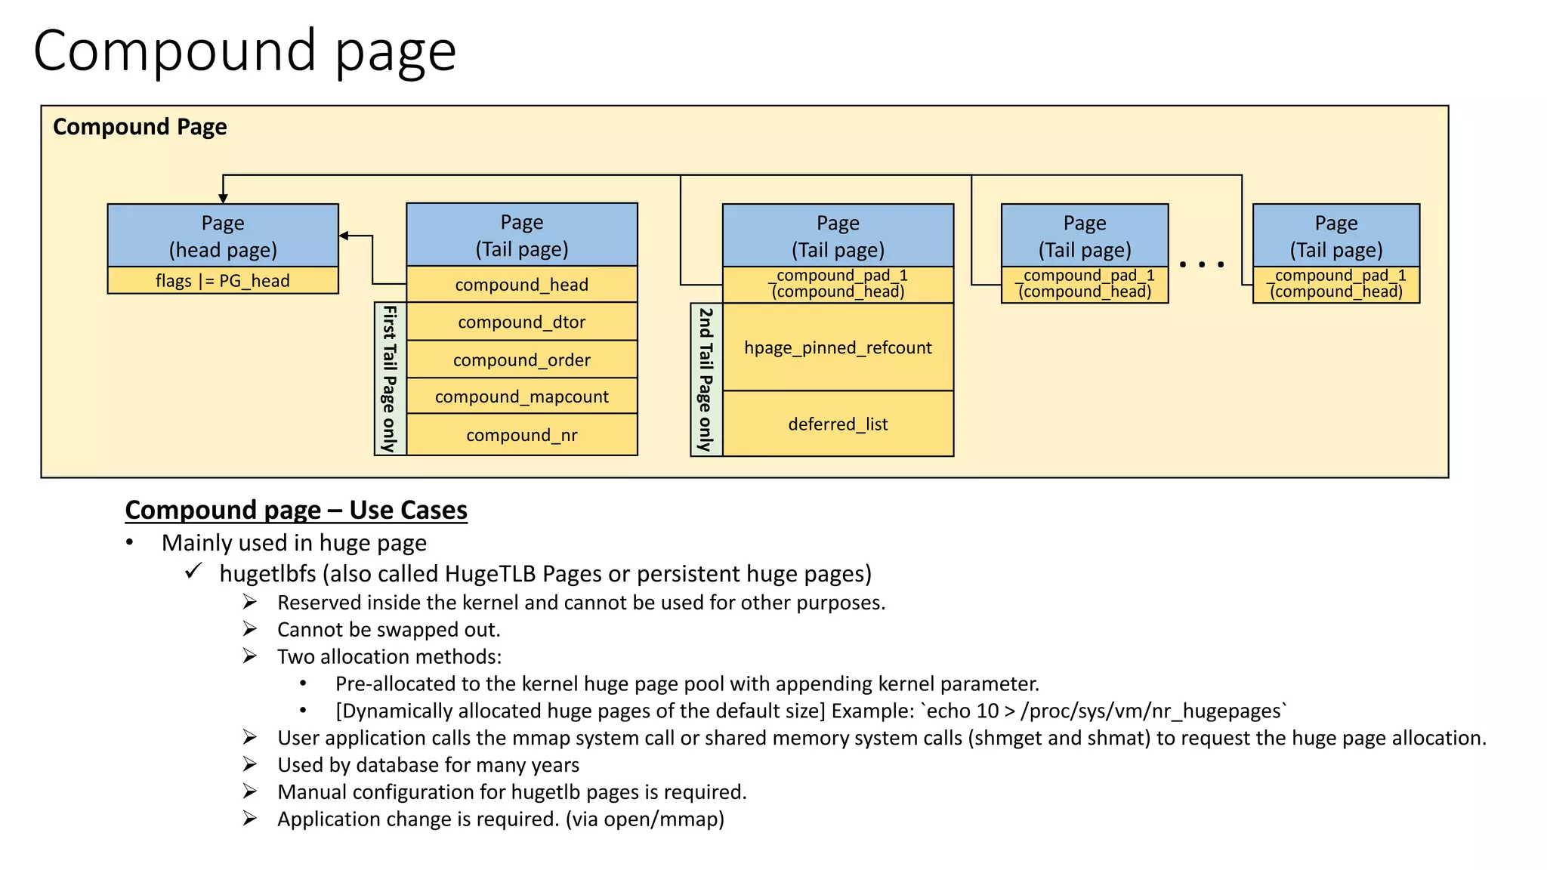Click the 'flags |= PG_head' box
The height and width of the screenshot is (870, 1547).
(x=223, y=280)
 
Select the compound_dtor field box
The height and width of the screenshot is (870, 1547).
(x=521, y=322)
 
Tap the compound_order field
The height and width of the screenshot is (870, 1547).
(x=521, y=359)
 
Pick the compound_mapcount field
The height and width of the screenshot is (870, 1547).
(x=521, y=396)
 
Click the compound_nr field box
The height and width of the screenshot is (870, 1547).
(x=521, y=435)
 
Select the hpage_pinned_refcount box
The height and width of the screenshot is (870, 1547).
(x=838, y=347)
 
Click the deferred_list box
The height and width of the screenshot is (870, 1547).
(x=838, y=424)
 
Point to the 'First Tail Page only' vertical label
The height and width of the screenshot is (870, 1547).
(x=390, y=378)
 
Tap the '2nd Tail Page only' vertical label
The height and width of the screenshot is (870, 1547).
(x=706, y=379)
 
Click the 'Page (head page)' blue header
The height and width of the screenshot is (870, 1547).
(x=223, y=236)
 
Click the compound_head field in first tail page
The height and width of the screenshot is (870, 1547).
(x=521, y=285)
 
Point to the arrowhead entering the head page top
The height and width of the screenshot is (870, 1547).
(x=223, y=199)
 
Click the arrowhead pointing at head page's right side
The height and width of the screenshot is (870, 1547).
(x=344, y=236)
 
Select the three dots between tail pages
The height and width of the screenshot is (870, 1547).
(x=1201, y=264)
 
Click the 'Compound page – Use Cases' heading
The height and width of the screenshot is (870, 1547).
(x=296, y=510)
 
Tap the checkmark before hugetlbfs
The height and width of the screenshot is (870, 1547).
(x=193, y=572)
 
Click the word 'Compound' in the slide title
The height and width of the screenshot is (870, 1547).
(x=174, y=51)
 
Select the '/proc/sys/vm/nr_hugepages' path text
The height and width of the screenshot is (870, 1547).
(x=1151, y=711)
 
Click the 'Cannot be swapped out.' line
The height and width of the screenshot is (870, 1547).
(x=388, y=630)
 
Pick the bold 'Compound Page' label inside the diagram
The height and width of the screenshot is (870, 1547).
(x=140, y=127)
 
